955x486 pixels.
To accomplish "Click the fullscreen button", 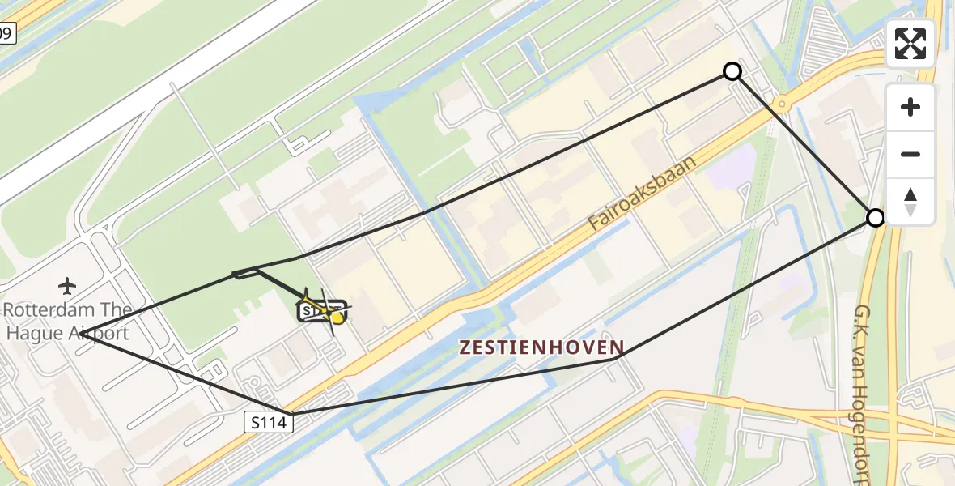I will pyautogui.click(x=910, y=44).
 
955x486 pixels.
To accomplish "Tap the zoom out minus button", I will pyautogui.click(x=910, y=155).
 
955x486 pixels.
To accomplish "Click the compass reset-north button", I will pyautogui.click(x=910, y=202).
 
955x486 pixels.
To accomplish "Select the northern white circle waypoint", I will pyautogui.click(x=732, y=71).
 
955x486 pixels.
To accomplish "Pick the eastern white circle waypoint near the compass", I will pyautogui.click(x=875, y=217).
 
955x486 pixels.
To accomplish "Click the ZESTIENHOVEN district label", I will pyautogui.click(x=541, y=347).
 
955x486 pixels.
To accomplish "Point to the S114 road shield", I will pyautogui.click(x=268, y=421).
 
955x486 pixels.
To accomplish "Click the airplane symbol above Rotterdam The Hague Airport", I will pyautogui.click(x=67, y=285).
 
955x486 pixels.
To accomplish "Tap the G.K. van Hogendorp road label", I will pyautogui.click(x=863, y=389).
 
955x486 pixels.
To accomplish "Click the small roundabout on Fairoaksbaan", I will pyautogui.click(x=781, y=104).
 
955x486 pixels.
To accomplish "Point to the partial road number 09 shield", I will pyautogui.click(x=6, y=33).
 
